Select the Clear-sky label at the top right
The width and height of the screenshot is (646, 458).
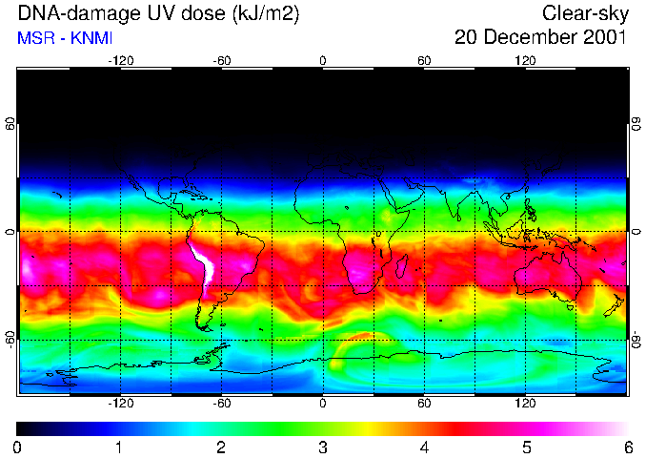tap(584, 13)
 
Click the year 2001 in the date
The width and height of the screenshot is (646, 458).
tap(603, 38)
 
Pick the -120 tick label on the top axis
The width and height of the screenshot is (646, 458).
tap(120, 60)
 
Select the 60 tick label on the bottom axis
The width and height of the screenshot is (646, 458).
tap(424, 403)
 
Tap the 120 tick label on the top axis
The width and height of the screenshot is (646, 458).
tap(525, 60)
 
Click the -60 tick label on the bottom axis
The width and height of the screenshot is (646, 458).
tap(221, 403)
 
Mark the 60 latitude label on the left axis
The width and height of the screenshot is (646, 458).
tap(10, 124)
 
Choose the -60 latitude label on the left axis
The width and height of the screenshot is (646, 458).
tap(10, 339)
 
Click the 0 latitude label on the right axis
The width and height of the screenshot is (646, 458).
tap(636, 232)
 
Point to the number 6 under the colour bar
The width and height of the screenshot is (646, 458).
tap(628, 447)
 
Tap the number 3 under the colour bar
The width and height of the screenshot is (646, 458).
tap(323, 447)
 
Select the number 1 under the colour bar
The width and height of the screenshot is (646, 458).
tap(119, 447)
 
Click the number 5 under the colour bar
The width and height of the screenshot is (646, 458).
tap(526, 447)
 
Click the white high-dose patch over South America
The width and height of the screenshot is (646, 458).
tap(203, 265)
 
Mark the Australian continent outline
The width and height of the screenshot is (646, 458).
tap(548, 278)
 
